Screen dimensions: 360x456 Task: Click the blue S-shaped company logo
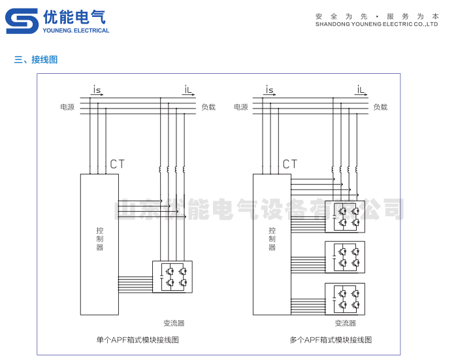[x=22, y=21]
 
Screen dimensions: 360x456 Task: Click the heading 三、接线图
[x=36, y=59]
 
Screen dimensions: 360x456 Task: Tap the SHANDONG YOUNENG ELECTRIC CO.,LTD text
[x=376, y=24]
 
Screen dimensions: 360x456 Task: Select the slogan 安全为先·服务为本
[x=376, y=16]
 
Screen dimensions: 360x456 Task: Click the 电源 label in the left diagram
[x=67, y=106]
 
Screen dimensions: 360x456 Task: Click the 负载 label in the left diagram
[x=208, y=106]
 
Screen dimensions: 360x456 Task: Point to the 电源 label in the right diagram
[x=241, y=106]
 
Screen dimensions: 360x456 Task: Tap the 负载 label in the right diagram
[x=380, y=106]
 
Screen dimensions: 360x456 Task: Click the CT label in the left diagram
[x=117, y=164]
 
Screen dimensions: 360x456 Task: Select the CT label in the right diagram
[x=290, y=164]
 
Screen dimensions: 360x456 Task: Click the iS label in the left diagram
[x=97, y=89]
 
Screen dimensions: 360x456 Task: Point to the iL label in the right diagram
[x=361, y=89]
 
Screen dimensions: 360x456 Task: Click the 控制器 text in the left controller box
[x=99, y=238]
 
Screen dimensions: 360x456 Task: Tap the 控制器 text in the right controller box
[x=272, y=238]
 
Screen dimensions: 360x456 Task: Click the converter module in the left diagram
[x=172, y=276]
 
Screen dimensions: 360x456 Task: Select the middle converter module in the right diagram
[x=345, y=257]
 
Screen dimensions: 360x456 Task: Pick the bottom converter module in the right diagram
[x=345, y=299]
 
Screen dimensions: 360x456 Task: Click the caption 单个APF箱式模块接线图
[x=137, y=340]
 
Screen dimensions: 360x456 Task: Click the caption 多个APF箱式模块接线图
[x=331, y=340]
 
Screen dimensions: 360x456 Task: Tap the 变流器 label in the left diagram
[x=174, y=323]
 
